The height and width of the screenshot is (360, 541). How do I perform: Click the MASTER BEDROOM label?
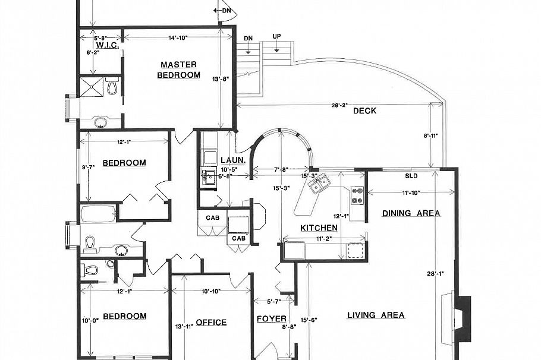point(179,70)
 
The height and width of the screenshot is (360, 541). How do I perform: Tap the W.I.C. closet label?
point(108,45)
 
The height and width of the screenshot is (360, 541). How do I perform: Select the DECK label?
point(364,110)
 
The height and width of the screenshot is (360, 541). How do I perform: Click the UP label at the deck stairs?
point(276,37)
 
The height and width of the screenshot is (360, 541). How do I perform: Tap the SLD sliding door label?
point(411,176)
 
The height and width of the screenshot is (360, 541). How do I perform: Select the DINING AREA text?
point(411,213)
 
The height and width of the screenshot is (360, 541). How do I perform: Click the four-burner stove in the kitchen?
point(358,195)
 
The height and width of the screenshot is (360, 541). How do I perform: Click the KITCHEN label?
point(319,228)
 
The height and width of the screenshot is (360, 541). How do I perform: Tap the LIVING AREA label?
point(376,315)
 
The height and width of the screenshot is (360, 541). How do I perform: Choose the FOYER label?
point(271,319)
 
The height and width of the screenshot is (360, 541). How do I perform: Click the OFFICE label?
point(211,323)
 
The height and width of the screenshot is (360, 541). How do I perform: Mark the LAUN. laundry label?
point(229,160)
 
